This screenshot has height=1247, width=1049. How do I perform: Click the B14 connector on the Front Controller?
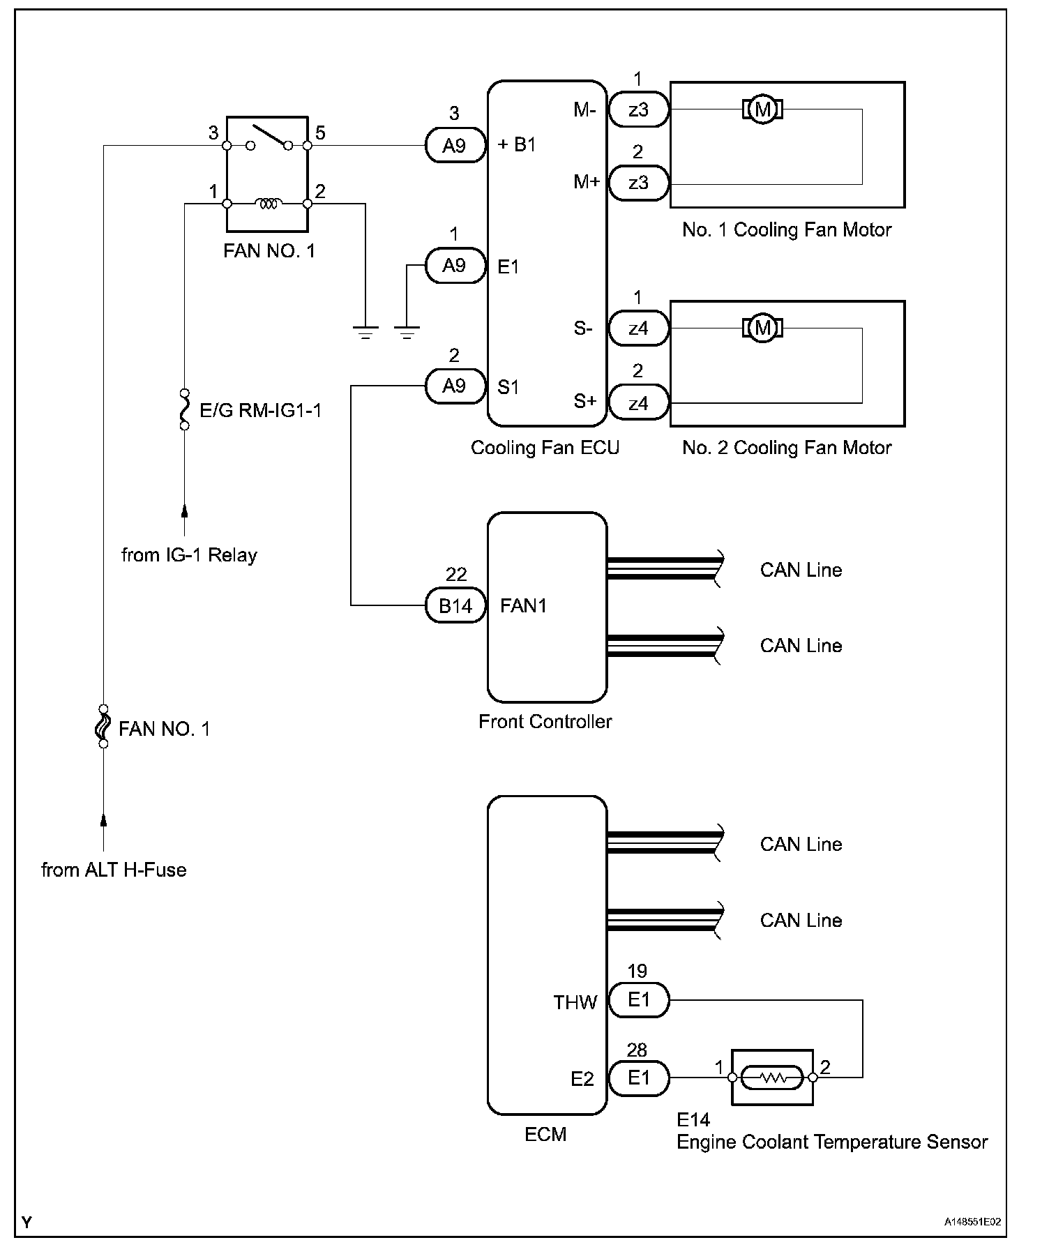(455, 605)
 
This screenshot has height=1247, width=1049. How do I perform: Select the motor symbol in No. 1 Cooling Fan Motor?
(762, 109)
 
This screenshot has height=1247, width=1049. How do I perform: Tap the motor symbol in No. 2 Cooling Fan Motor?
(762, 328)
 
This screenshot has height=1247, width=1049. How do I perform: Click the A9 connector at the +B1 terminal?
(455, 145)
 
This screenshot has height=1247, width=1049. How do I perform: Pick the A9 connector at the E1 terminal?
(455, 265)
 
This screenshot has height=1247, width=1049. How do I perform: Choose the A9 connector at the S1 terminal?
(455, 386)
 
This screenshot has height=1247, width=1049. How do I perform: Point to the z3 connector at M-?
(639, 109)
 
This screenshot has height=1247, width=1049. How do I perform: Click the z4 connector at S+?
(639, 403)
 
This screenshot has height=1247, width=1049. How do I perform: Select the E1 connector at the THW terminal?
(639, 1000)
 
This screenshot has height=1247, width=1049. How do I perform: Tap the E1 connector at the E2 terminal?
(639, 1078)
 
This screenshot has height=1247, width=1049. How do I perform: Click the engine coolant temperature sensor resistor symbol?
(772, 1078)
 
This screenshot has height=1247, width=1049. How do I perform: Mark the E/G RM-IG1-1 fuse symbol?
(185, 409)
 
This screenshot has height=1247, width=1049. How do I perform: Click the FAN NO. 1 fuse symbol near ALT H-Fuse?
(103, 726)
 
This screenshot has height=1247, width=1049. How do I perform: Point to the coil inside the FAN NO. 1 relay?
(268, 204)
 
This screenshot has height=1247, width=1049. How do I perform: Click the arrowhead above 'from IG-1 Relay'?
(185, 511)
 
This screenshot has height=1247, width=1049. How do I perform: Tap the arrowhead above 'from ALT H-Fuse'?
(103, 820)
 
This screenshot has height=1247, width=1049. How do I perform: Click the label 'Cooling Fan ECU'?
(545, 447)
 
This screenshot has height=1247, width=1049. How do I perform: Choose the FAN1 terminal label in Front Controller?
(523, 605)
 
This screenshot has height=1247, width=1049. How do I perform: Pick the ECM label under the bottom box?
(545, 1135)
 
